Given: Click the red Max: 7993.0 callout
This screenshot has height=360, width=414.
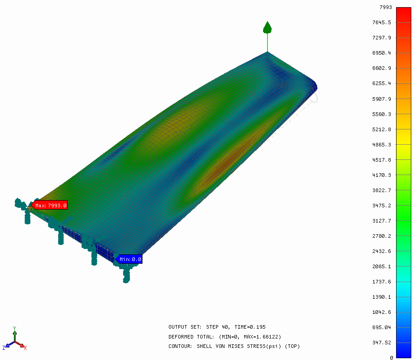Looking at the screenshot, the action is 49,205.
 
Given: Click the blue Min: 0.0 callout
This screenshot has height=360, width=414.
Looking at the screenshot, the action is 129,259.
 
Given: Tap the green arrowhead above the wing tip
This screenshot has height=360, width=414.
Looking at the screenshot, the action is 267,27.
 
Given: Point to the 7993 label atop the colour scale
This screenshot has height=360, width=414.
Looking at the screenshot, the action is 385,7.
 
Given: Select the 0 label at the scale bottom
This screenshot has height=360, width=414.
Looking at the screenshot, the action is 391,358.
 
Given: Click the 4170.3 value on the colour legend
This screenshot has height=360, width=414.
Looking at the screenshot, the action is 382,175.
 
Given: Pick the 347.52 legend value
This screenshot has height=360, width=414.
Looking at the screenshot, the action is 382,343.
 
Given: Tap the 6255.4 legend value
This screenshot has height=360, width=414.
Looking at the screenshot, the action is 382,83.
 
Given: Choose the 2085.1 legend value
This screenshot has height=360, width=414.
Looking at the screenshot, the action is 382,266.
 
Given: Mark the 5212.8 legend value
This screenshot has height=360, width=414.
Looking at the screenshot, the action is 382,129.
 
